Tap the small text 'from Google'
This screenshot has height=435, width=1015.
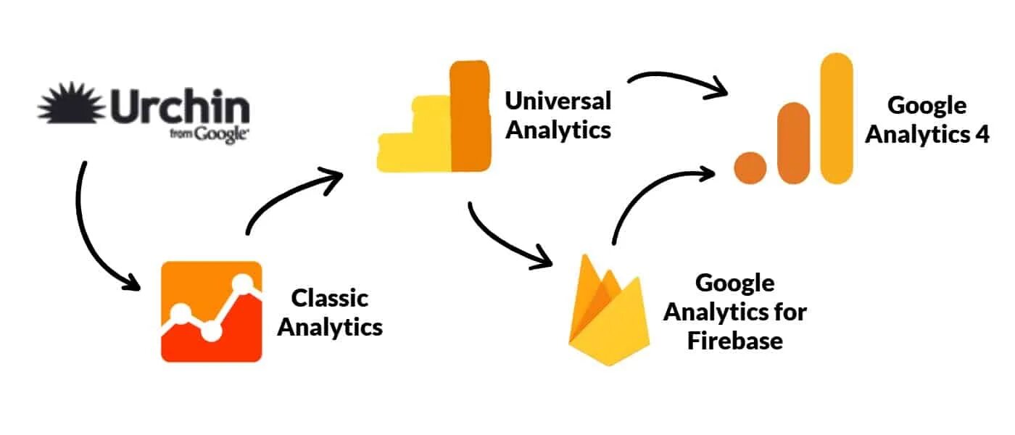tap(209, 134)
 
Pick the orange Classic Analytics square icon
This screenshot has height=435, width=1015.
tap(211, 311)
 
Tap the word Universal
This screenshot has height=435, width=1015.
tap(558, 100)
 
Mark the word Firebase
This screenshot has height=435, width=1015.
tap(734, 341)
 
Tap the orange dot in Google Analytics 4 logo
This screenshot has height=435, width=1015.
tap(750, 166)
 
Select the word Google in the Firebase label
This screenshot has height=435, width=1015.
tap(734, 283)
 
